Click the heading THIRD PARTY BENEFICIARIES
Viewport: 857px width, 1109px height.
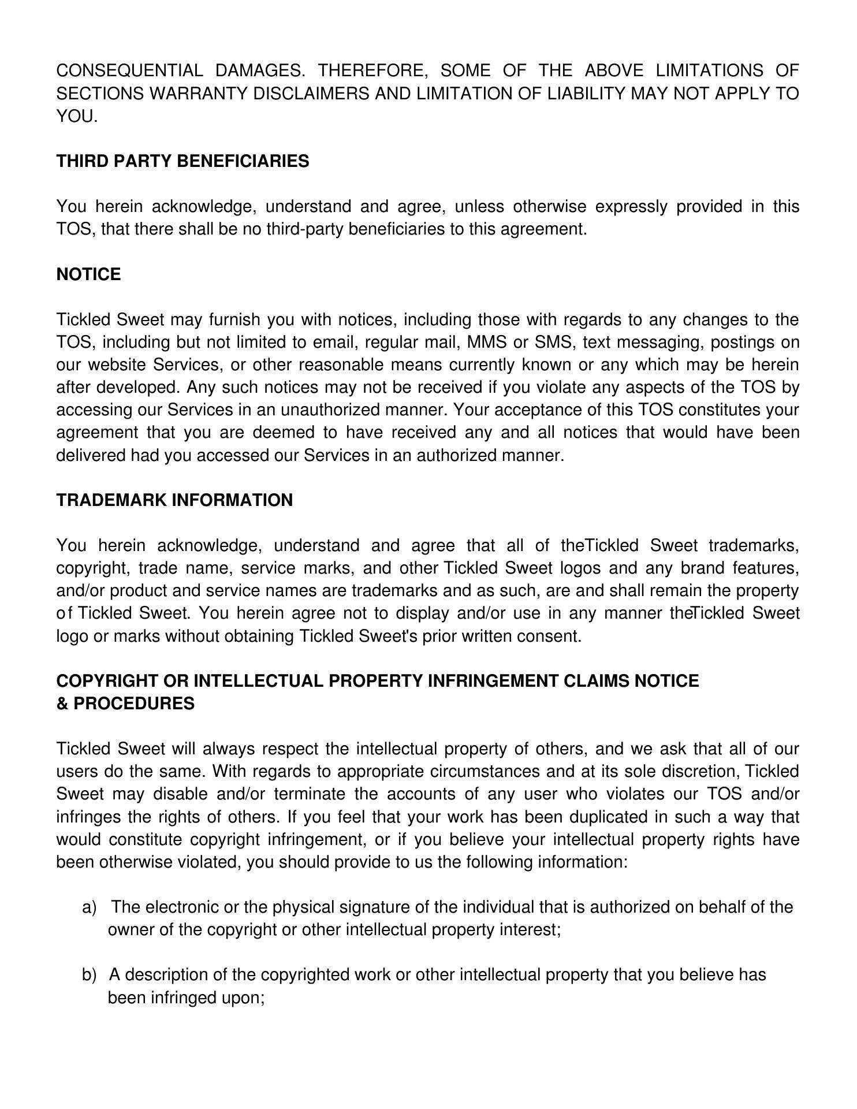(182, 161)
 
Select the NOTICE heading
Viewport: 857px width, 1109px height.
(88, 274)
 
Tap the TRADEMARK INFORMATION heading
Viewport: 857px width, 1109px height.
(174, 500)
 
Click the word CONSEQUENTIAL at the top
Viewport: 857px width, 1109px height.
(129, 70)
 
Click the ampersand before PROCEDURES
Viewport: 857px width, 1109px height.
(62, 704)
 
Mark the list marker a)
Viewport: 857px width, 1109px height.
(89, 907)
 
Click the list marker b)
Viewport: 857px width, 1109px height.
(89, 976)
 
